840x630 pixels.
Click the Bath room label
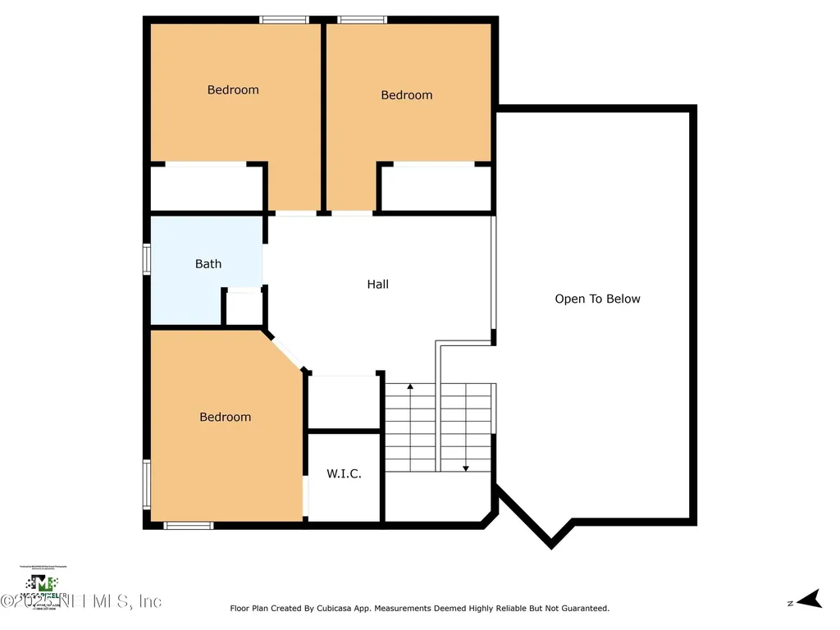click(x=208, y=264)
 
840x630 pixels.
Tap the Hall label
click(x=377, y=285)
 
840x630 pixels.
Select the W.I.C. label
click(x=344, y=474)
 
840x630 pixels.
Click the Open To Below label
click(x=597, y=299)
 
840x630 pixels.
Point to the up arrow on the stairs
click(x=410, y=387)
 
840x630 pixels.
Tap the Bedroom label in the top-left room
click(x=233, y=90)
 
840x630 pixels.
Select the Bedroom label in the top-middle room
click(x=406, y=95)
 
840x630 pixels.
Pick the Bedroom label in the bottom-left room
click(x=226, y=418)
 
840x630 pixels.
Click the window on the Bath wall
click(x=147, y=258)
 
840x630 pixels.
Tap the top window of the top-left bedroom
click(x=284, y=20)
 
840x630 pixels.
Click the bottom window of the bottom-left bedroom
click(x=189, y=525)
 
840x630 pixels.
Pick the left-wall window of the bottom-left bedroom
click(x=147, y=485)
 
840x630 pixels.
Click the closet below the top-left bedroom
click(x=206, y=189)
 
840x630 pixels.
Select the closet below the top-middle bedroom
click(x=436, y=189)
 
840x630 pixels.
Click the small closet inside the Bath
click(x=244, y=308)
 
